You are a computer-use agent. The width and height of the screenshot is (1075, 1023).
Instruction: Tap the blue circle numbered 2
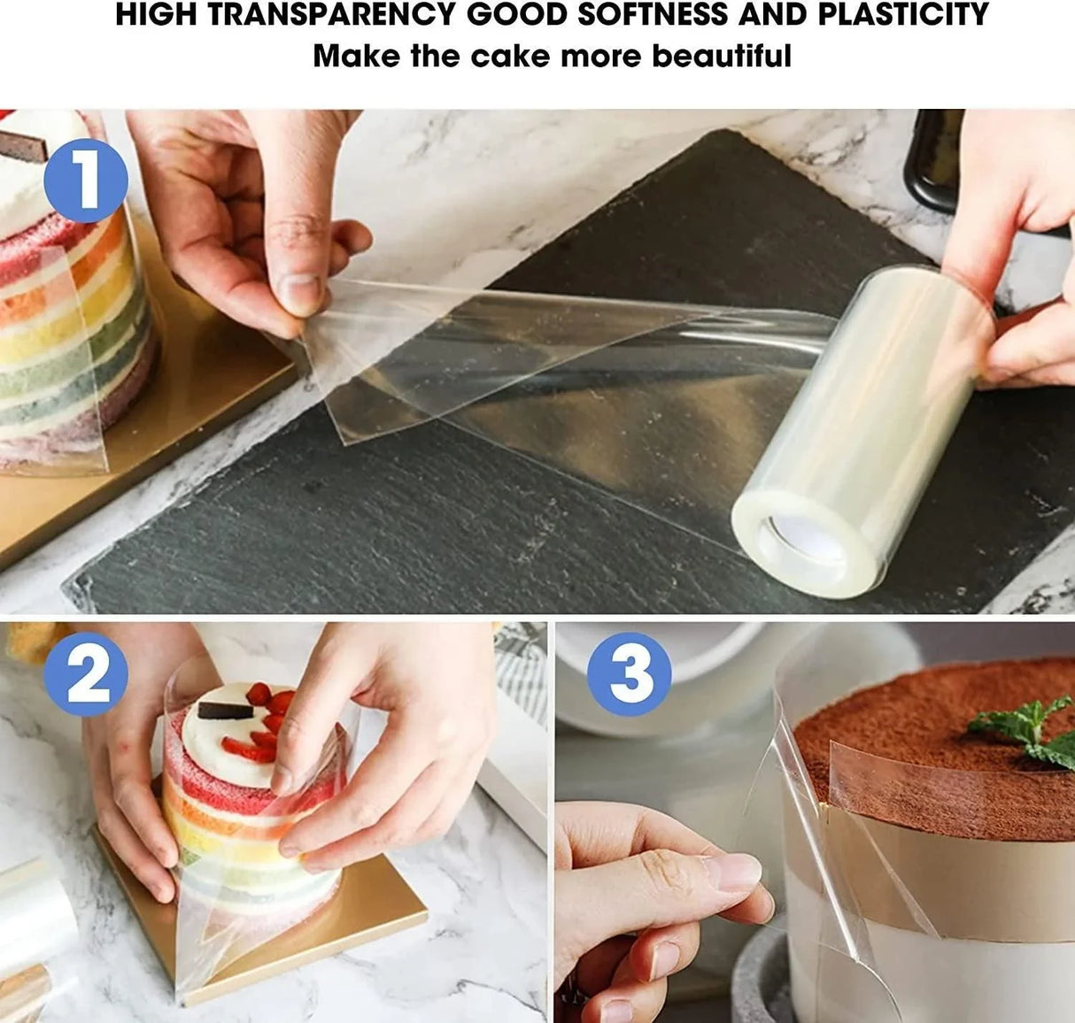pos(86,675)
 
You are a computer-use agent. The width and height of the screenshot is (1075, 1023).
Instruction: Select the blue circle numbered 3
pos(629,675)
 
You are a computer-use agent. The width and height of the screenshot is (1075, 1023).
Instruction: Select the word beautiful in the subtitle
pos(722,56)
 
